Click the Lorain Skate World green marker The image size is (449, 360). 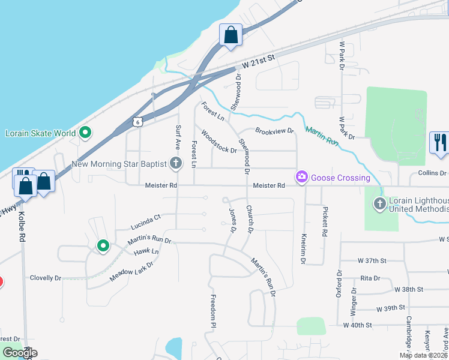(85, 133)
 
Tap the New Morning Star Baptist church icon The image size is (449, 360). (175, 163)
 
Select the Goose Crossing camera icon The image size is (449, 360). (301, 177)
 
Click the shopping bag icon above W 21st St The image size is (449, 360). (231, 35)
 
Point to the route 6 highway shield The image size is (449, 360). (138, 122)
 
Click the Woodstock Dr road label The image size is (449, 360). (219, 142)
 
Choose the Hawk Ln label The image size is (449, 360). (146, 251)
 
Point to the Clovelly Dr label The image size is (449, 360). (46, 278)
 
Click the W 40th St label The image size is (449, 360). (358, 325)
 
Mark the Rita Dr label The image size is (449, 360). (370, 278)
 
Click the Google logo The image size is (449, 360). (19, 352)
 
